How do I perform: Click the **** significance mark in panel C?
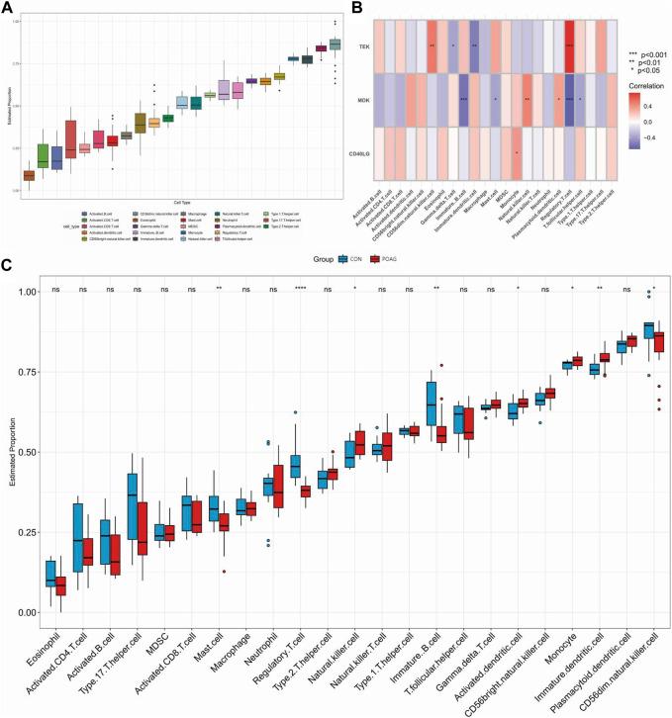300,290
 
